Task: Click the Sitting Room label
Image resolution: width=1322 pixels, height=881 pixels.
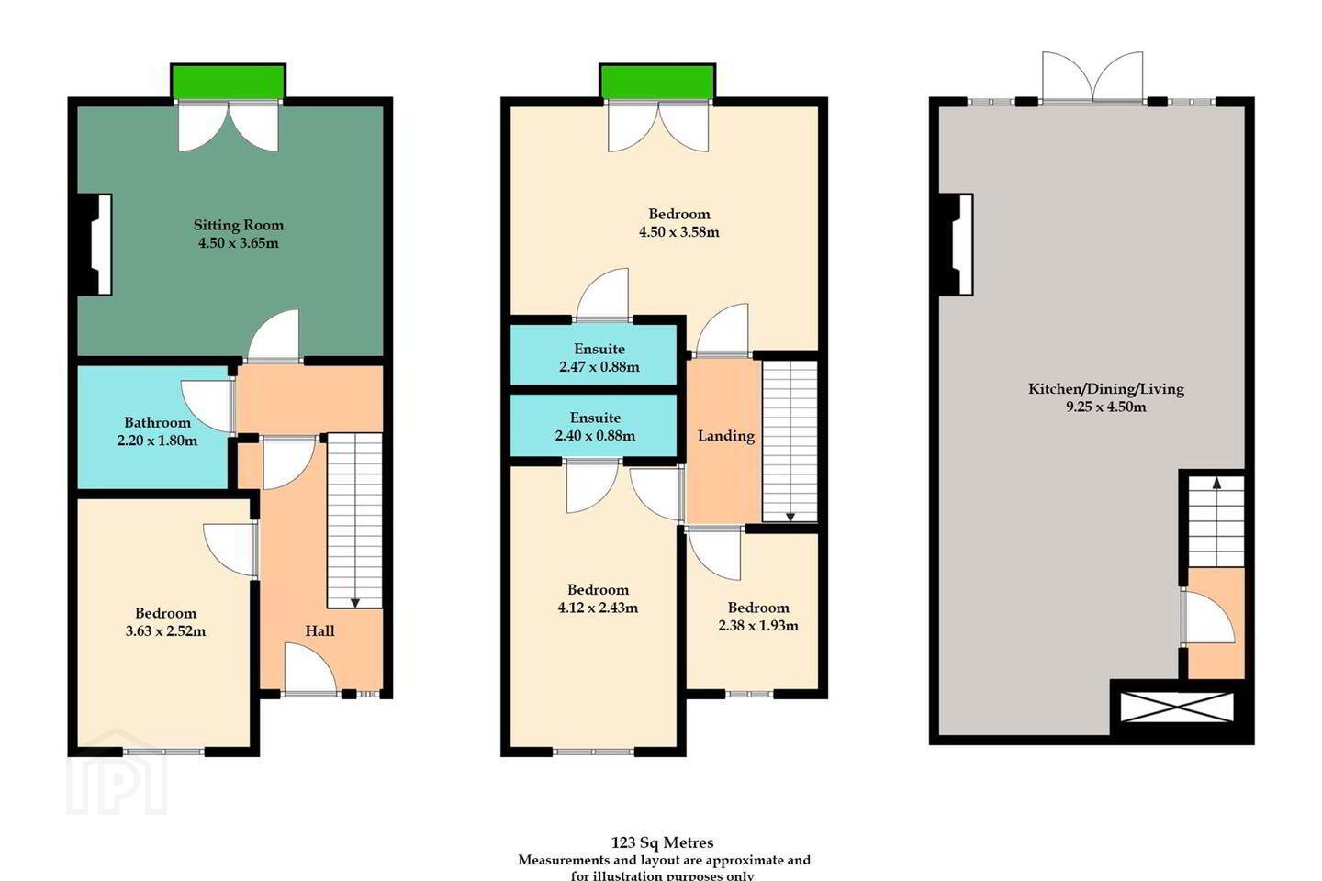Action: (239, 225)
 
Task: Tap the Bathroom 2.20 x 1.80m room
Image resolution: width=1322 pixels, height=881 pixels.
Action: (152, 428)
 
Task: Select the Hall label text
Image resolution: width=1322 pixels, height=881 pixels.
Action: (319, 630)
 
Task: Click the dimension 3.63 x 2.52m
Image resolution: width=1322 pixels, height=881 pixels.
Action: (166, 630)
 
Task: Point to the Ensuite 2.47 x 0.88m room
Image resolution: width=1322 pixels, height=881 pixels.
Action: (593, 354)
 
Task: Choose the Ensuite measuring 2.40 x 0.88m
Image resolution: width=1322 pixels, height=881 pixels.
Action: (593, 426)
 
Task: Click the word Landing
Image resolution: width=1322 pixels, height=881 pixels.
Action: (726, 436)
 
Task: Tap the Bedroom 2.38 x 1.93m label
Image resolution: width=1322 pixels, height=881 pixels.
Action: (758, 616)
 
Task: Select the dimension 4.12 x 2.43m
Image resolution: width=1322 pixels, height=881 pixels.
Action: (598, 608)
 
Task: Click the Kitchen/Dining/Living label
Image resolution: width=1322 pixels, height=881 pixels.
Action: (1106, 389)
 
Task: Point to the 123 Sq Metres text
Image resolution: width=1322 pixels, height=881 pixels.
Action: (662, 842)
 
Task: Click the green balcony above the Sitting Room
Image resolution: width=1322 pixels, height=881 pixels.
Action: (229, 82)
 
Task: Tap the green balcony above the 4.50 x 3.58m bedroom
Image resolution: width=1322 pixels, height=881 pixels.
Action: (657, 82)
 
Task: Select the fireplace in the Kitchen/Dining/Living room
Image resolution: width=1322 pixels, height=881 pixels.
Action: (956, 244)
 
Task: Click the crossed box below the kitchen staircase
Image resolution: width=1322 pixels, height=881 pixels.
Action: (1177, 707)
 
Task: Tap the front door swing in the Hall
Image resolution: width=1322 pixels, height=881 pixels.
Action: (311, 667)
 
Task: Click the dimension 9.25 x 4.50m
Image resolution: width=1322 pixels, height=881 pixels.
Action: (1106, 407)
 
